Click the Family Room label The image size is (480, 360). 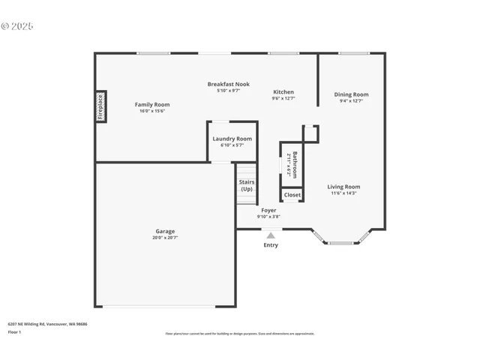(x=152, y=104)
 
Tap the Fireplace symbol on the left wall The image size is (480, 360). (x=100, y=106)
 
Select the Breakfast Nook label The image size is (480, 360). (x=229, y=84)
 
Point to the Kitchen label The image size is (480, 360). (x=283, y=91)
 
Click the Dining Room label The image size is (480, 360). (x=351, y=94)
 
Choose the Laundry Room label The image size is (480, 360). (x=232, y=139)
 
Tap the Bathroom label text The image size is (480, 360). (x=295, y=163)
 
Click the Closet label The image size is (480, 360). (x=292, y=195)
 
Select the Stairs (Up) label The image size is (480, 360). (x=247, y=185)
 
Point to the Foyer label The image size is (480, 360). (x=268, y=210)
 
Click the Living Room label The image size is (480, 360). (x=344, y=187)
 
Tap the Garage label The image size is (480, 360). (x=165, y=231)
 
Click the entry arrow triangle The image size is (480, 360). (x=271, y=235)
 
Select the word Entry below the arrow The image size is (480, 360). (x=271, y=245)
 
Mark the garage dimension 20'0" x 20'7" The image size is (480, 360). (x=165, y=237)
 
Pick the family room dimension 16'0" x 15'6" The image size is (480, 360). (x=152, y=111)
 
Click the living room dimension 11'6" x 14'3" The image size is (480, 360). (x=344, y=193)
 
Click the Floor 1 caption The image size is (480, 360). (x=14, y=331)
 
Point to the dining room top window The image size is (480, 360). (x=354, y=53)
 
